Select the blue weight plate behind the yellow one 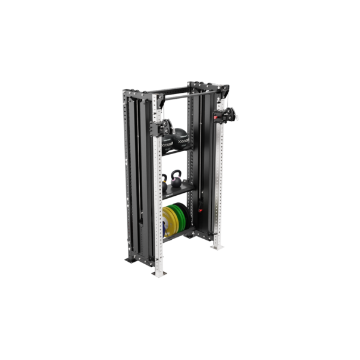(164, 226)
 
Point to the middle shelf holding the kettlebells (179, 191)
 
